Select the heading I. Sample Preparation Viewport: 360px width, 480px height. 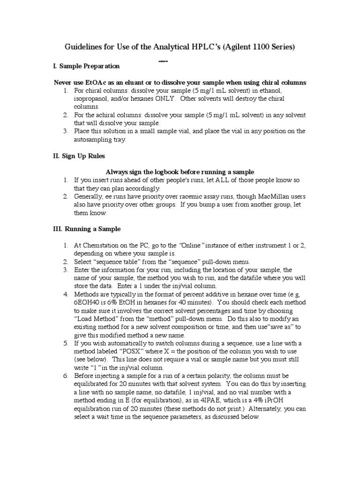(87, 66)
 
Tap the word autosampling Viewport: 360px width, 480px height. (94, 139)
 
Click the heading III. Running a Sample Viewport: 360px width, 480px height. (86, 229)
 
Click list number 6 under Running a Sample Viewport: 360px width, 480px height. (66, 375)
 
